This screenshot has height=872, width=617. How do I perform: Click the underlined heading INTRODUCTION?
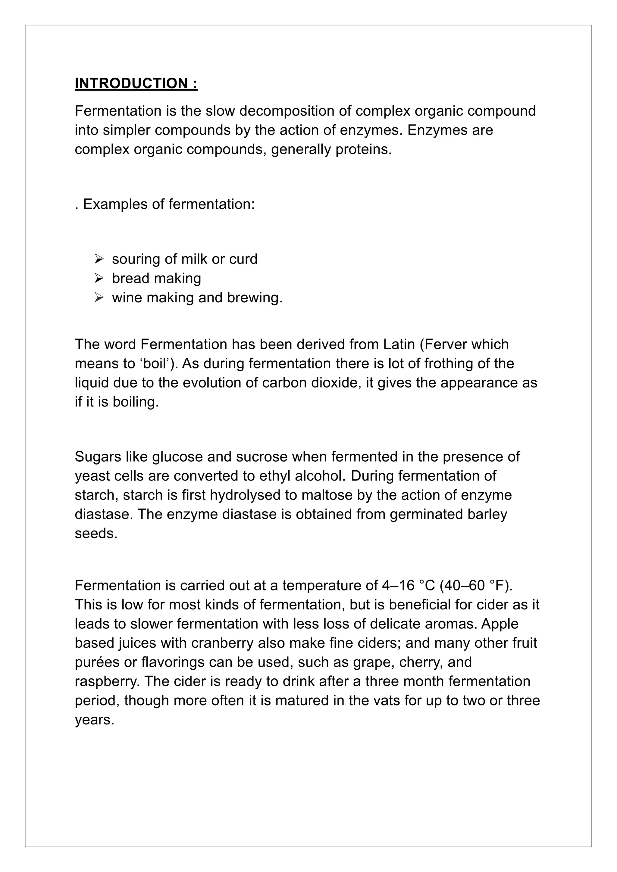[x=136, y=83]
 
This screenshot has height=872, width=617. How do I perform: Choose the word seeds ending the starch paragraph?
[x=96, y=534]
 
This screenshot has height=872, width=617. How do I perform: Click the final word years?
[x=95, y=720]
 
